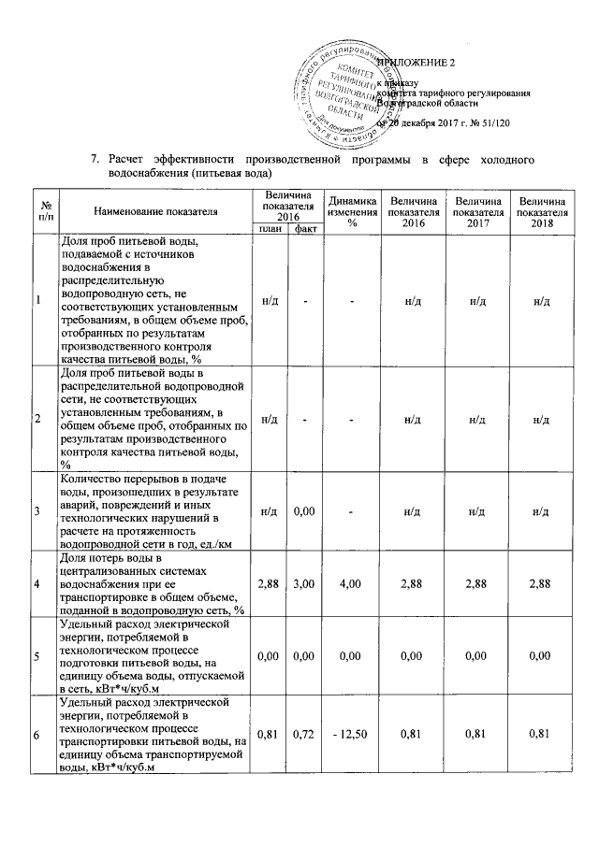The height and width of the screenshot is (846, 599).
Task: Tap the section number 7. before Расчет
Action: [95, 160]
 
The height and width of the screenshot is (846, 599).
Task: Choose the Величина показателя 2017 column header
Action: [476, 211]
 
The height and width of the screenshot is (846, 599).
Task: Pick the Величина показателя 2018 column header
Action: [544, 211]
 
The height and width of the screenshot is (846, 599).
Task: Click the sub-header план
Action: [270, 228]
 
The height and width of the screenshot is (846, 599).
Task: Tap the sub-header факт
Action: [303, 228]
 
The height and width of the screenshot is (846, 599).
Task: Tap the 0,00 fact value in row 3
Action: [302, 511]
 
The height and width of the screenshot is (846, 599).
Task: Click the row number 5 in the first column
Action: [37, 657]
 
